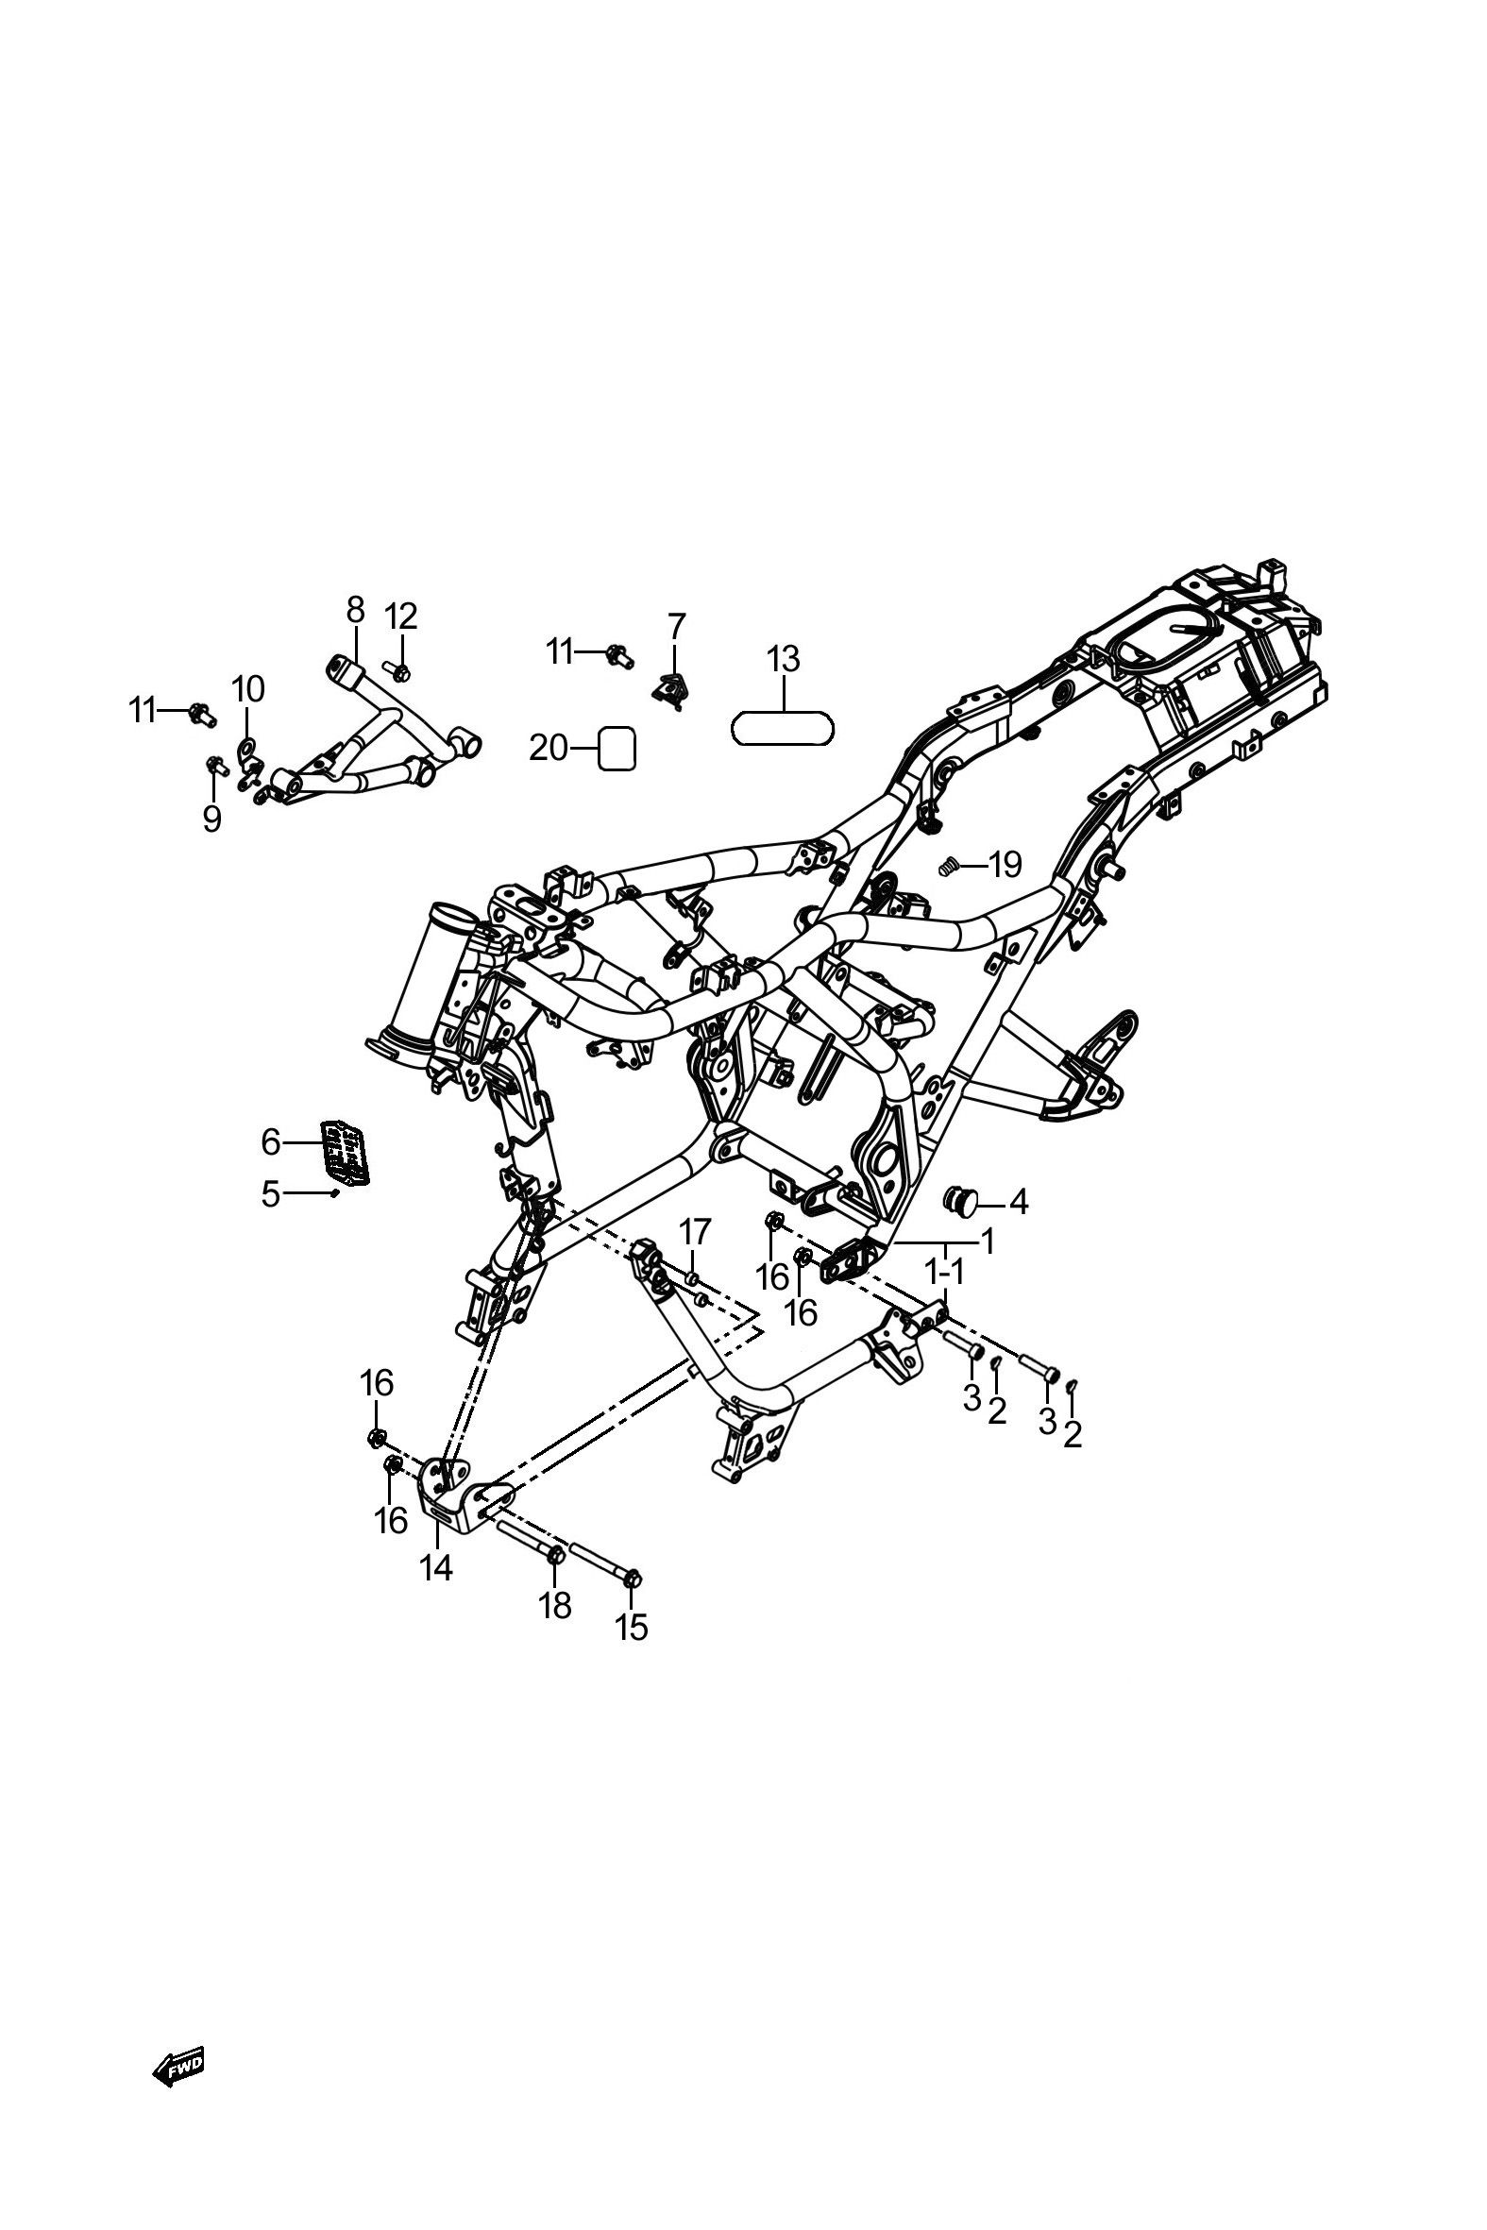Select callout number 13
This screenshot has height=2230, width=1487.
[x=784, y=659]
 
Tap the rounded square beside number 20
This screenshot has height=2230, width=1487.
[x=617, y=749]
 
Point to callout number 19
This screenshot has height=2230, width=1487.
[x=1005, y=865]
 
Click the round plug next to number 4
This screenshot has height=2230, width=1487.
[x=959, y=1202]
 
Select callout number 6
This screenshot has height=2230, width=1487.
[x=271, y=1142]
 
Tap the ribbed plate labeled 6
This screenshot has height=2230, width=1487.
[x=346, y=1153]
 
